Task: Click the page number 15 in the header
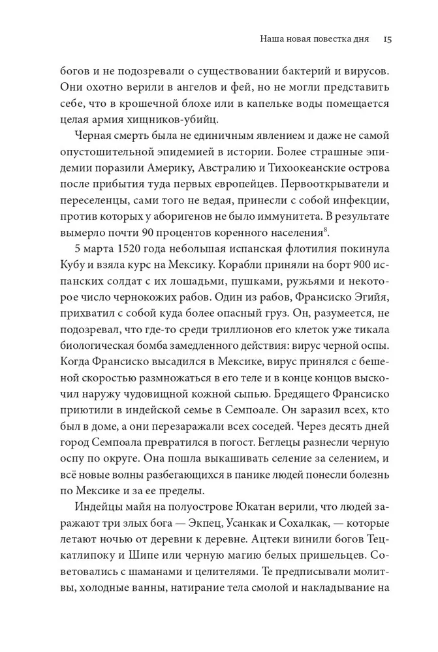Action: point(386,39)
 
